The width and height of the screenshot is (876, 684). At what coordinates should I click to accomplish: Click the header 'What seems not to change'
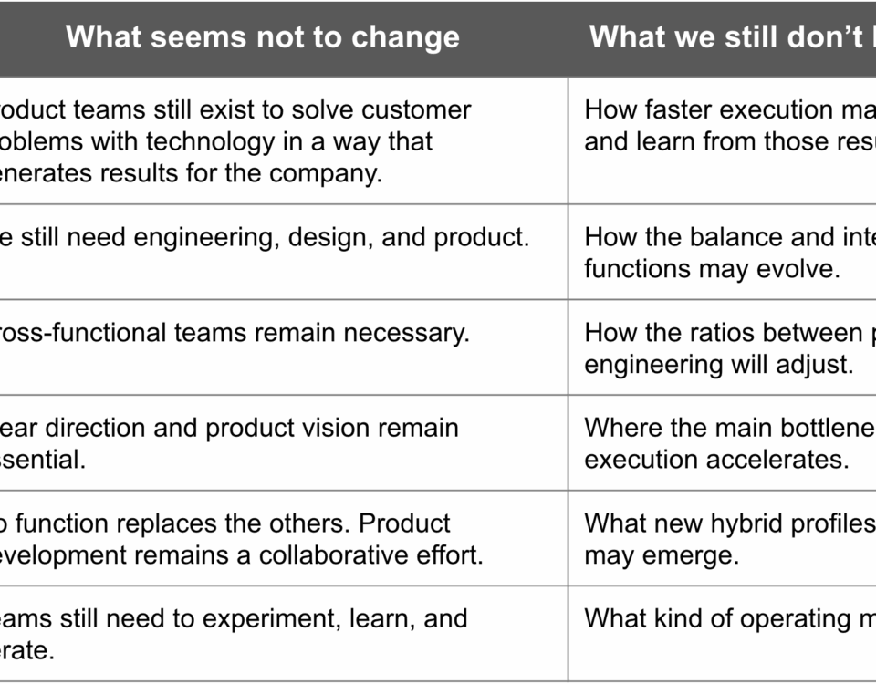(263, 37)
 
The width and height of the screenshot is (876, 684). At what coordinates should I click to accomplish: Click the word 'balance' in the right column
(727, 238)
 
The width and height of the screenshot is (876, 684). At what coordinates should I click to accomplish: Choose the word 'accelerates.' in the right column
(777, 460)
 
